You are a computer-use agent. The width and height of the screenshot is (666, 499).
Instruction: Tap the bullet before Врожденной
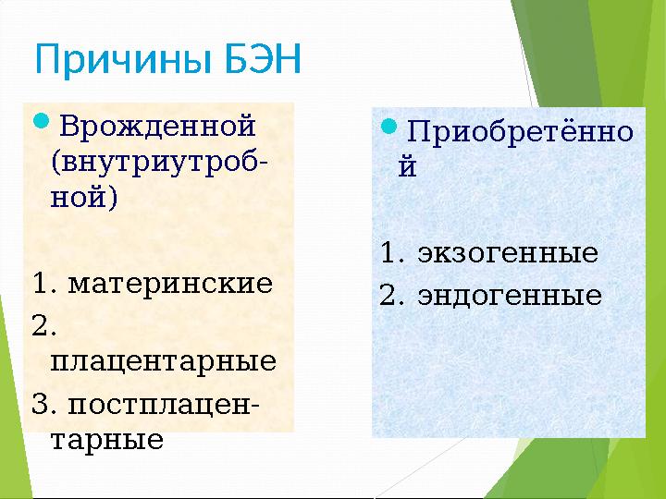tap(43, 122)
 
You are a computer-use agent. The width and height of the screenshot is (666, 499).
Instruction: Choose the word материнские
tap(171, 282)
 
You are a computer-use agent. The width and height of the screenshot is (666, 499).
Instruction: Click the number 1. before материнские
tap(46, 282)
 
